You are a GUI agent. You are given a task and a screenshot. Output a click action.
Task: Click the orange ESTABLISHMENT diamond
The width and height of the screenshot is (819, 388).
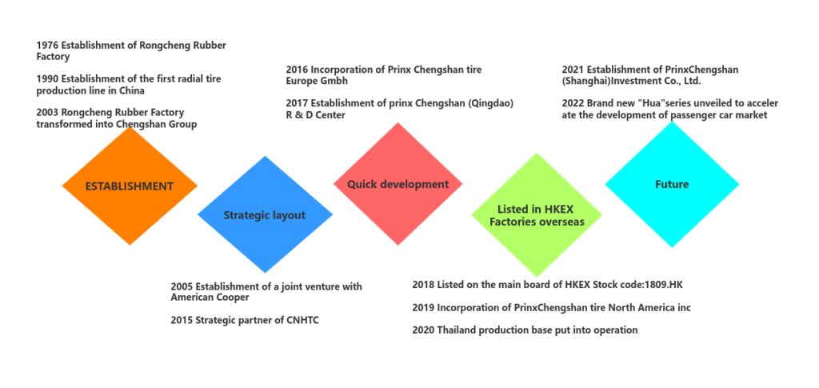click(x=129, y=186)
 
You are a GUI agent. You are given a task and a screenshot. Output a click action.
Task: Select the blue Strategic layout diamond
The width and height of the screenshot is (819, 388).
click(x=264, y=215)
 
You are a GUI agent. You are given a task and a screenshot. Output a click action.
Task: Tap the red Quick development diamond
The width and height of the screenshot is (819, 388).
click(x=398, y=185)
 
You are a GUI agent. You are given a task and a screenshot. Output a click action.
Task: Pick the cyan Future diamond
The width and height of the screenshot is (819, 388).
click(x=672, y=185)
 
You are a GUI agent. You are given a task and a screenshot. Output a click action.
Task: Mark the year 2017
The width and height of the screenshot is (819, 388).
click(x=298, y=104)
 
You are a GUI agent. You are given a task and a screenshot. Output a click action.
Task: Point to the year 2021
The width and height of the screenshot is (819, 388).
click(x=573, y=70)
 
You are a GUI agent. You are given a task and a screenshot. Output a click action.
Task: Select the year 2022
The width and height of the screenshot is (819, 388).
click(x=573, y=104)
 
